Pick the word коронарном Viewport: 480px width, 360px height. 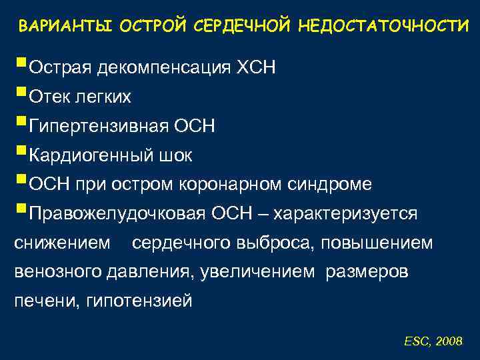(239, 185)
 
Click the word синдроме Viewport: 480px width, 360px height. (333, 185)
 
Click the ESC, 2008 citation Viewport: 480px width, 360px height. (433, 341)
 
